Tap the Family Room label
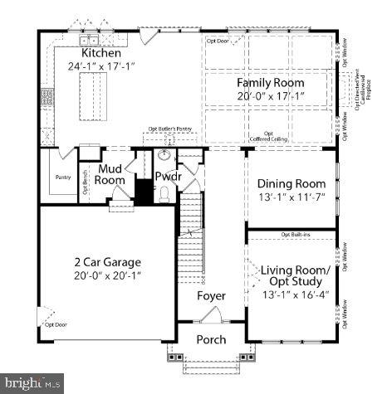point(270,83)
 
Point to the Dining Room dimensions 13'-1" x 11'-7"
point(291,197)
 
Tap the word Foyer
point(211,296)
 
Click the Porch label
point(210,339)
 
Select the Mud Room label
point(110,174)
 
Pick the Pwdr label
point(168,176)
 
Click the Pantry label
point(62,177)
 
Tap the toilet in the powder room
point(164,194)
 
